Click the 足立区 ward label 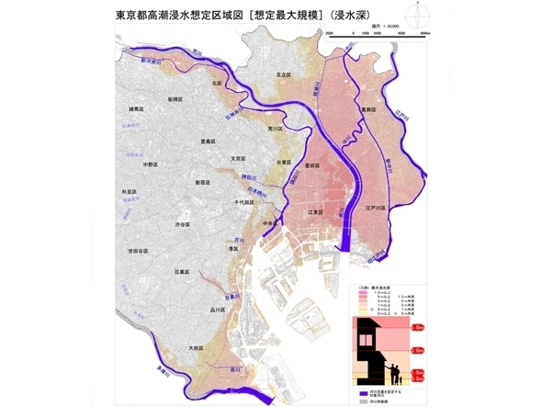[x=284, y=75]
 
